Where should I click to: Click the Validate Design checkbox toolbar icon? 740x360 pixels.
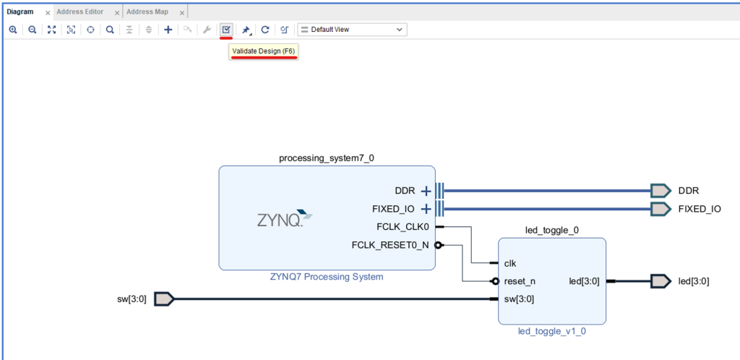[226, 30]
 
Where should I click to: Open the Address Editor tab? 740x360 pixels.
[80, 12]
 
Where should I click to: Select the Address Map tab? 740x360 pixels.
[147, 12]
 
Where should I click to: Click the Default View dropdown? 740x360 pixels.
[353, 30]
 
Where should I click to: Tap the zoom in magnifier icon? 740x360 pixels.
[13, 30]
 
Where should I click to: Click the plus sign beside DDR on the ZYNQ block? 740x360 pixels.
[426, 191]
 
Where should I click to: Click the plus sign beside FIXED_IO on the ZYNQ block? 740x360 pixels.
[426, 209]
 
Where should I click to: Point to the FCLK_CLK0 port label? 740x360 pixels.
[397, 227]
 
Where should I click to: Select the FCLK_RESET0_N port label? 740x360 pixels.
[390, 245]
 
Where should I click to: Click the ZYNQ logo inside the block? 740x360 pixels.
[285, 218]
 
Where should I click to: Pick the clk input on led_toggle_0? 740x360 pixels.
[509, 263]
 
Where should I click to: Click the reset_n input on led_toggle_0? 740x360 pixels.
[520, 281]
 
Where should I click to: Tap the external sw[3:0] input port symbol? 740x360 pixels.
[164, 299]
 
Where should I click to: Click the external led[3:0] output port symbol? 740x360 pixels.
[661, 281]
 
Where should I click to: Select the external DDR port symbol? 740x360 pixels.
[661, 191]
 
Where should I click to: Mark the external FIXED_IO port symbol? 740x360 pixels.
[661, 209]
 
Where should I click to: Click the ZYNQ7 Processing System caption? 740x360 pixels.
[327, 277]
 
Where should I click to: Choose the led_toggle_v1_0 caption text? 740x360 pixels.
[552, 332]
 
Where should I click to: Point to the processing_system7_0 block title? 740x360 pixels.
[327, 158]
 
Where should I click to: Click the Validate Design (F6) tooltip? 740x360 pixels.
[264, 51]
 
